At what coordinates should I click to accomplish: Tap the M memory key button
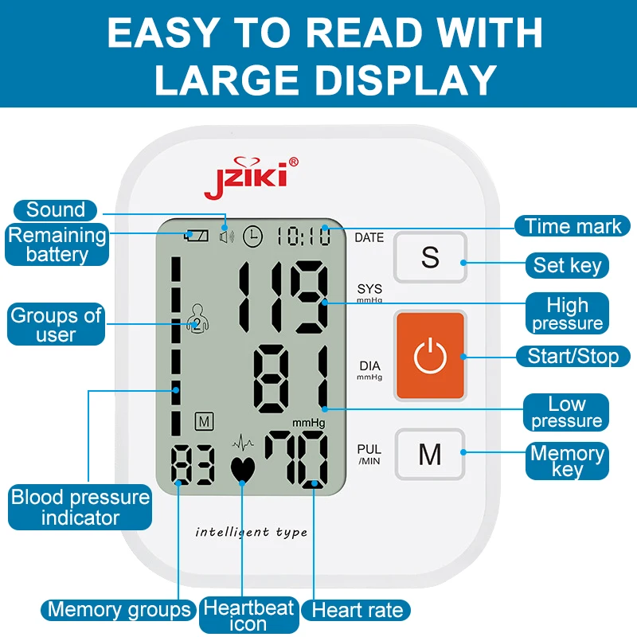click(x=430, y=455)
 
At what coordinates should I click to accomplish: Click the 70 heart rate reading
click(x=295, y=459)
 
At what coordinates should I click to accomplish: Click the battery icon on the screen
click(x=195, y=236)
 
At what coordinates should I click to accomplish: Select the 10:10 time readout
click(x=303, y=236)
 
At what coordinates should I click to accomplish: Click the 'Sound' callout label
click(x=56, y=210)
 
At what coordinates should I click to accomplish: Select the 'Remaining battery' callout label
click(x=57, y=245)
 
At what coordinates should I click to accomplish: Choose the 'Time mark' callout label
click(x=573, y=226)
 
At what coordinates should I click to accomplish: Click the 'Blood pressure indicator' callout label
click(x=80, y=508)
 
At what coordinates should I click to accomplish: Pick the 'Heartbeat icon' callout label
click(x=248, y=616)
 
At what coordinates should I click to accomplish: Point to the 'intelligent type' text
click(x=251, y=532)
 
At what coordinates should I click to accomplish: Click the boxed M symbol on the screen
click(x=203, y=420)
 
